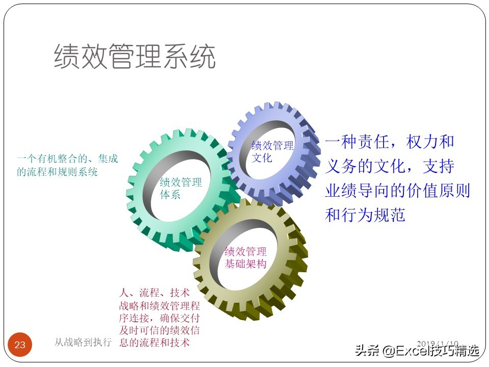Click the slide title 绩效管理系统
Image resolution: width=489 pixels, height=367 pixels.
pyautogui.click(x=135, y=57)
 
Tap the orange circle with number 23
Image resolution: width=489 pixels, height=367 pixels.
pyautogui.click(x=20, y=345)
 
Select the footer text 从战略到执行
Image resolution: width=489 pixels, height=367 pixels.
pyautogui.click(x=83, y=343)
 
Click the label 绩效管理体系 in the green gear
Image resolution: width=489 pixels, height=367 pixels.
pyautogui.click(x=181, y=189)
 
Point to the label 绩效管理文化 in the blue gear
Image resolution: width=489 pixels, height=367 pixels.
pyautogui.click(x=273, y=151)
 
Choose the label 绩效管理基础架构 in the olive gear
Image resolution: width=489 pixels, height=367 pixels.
pyautogui.click(x=246, y=258)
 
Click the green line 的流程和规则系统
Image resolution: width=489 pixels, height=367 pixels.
pyautogui.click(x=57, y=172)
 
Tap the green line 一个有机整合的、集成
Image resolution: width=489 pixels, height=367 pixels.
pyautogui.click(x=67, y=159)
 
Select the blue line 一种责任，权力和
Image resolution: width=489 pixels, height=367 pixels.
pyautogui.click(x=390, y=142)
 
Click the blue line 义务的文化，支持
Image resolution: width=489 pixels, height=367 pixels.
pyautogui.click(x=390, y=166)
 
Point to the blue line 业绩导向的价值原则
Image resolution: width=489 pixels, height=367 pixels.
pyautogui.click(x=397, y=191)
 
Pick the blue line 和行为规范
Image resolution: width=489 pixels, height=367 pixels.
pyautogui.click(x=365, y=215)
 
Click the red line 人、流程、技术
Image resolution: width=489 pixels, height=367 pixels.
pyautogui.click(x=154, y=293)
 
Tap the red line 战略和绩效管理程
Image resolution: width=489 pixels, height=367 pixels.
pyautogui.click(x=159, y=306)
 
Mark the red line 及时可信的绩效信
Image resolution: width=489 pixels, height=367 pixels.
pyautogui.click(x=159, y=330)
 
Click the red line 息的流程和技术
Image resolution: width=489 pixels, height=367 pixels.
pyautogui.click(x=154, y=343)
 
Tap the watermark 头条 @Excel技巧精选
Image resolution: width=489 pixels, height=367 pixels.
pyautogui.click(x=417, y=351)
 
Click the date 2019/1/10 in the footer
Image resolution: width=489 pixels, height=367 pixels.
pyautogui.click(x=438, y=344)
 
